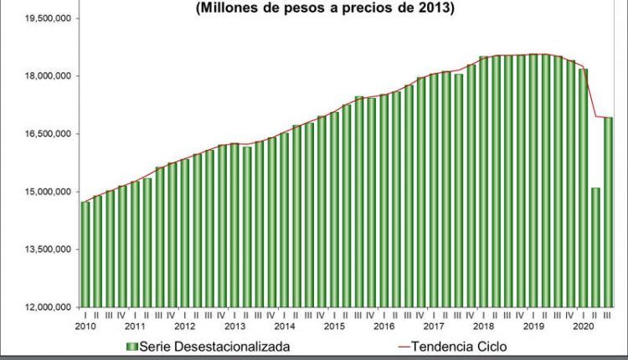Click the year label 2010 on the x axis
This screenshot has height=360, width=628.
click(x=85, y=327)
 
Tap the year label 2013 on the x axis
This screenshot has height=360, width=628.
click(x=234, y=327)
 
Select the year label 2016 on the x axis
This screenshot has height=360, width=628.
click(x=383, y=327)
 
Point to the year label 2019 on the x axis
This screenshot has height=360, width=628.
click(x=533, y=327)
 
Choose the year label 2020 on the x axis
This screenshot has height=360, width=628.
click(x=583, y=327)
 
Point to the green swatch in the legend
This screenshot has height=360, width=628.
click(x=131, y=346)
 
